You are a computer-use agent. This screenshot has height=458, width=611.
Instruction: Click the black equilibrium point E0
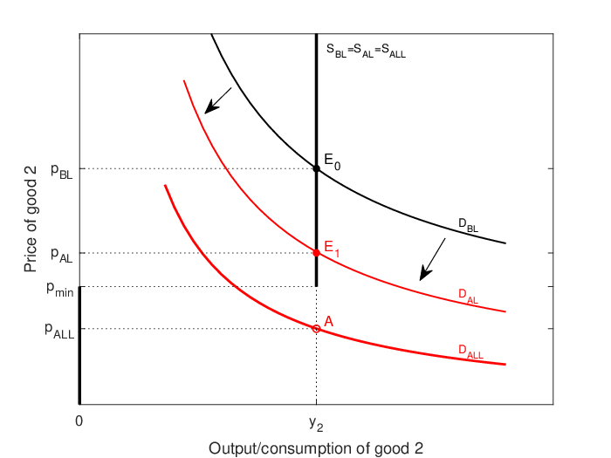tap(316, 168)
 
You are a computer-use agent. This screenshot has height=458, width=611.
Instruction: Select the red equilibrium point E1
tap(316, 253)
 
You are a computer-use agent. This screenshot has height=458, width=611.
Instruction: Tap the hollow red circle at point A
tap(316, 329)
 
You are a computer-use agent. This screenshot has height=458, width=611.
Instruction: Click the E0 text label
tap(333, 161)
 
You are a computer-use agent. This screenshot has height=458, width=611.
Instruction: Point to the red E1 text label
tap(332, 249)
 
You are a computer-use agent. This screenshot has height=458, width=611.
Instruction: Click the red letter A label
tap(328, 322)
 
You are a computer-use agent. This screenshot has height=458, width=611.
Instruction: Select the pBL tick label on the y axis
tap(62, 171)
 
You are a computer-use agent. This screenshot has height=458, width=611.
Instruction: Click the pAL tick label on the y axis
tap(62, 256)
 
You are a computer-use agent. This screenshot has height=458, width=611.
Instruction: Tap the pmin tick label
tap(60, 289)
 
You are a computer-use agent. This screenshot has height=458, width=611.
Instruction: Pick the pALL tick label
tap(59, 331)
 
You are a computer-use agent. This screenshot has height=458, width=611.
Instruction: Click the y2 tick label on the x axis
tap(316, 424)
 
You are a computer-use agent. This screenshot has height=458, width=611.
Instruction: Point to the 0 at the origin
tap(79, 421)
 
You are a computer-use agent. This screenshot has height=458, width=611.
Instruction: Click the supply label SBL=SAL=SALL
tap(366, 51)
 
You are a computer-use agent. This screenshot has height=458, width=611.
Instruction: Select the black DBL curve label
tap(469, 225)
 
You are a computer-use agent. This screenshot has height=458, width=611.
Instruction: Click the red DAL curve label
tap(469, 296)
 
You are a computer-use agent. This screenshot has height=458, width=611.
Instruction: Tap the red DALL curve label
tap(470, 352)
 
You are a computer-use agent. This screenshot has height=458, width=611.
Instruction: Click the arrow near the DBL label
tap(432, 259)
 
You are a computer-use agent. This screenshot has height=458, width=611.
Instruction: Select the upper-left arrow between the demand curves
tap(218, 100)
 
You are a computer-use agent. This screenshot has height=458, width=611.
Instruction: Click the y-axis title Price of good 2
tap(31, 219)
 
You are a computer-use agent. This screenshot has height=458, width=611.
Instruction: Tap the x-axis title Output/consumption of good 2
tap(316, 448)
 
